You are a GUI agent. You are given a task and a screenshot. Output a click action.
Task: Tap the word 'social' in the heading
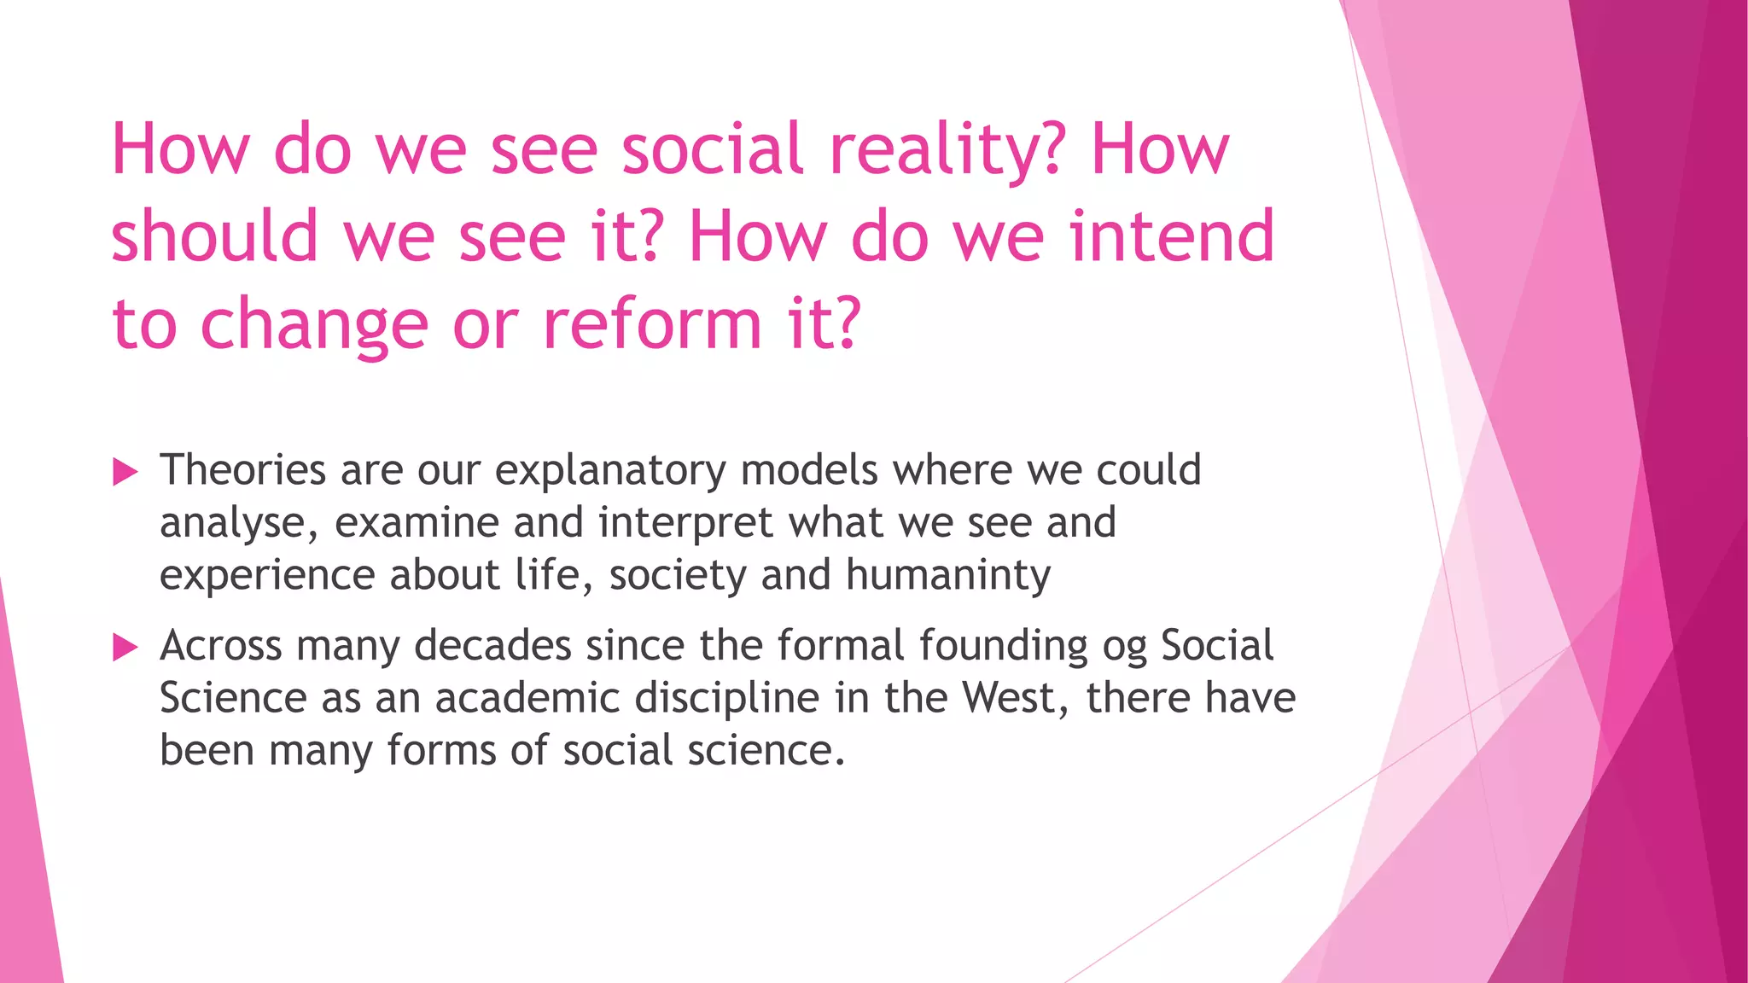pos(713,149)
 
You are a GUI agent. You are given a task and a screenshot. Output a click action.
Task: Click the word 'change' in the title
pos(313,326)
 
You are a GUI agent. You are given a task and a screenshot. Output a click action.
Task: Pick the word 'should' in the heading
pos(214,236)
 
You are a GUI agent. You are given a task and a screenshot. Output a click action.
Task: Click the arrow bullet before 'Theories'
pos(125,471)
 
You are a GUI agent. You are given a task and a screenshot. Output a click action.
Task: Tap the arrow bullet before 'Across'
pos(125,648)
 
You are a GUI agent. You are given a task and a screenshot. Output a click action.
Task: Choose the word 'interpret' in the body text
pos(686,523)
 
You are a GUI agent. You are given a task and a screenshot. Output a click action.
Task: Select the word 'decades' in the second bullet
pos(492,646)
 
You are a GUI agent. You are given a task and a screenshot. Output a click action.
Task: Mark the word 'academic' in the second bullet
pos(527,699)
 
